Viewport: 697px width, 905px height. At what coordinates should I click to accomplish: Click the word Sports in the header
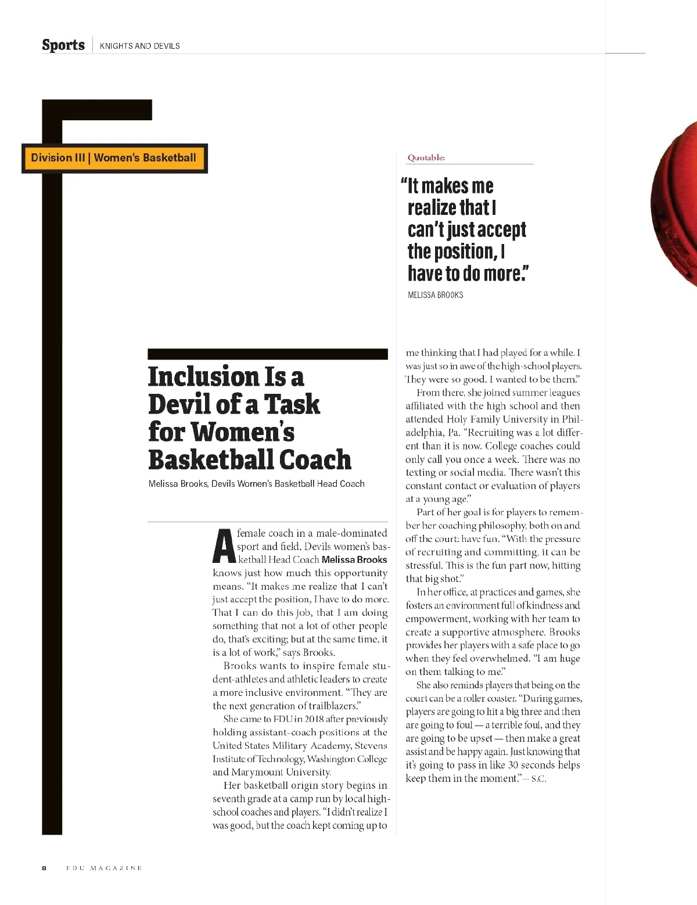click(63, 45)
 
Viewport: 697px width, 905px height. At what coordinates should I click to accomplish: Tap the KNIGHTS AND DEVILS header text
click(139, 46)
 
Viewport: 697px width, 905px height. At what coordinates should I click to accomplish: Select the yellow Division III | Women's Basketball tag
click(114, 158)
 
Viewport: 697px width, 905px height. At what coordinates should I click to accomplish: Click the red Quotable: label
click(426, 157)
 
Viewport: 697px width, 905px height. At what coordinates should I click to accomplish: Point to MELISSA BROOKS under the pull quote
click(435, 295)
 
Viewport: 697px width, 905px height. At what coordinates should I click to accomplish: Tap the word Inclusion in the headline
click(203, 376)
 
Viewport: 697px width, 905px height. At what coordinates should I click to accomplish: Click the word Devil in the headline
click(178, 404)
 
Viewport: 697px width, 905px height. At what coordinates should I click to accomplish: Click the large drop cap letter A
click(224, 547)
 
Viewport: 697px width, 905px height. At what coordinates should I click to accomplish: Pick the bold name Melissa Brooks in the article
click(354, 560)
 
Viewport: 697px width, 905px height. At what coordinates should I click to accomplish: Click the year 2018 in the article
click(314, 719)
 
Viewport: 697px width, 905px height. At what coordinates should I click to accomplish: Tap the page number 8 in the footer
click(44, 868)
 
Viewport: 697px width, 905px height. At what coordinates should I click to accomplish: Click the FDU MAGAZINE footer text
click(104, 868)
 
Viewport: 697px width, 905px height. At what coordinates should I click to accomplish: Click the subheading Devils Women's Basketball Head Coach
click(288, 484)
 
